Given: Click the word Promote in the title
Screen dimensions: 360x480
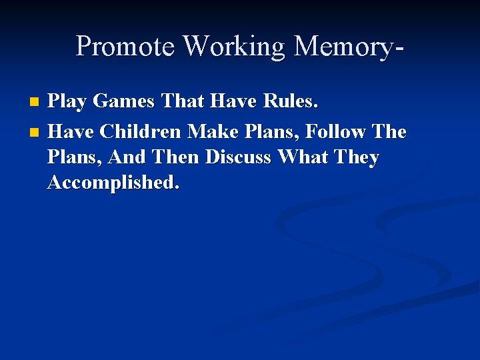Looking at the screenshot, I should pyautogui.click(x=126, y=46).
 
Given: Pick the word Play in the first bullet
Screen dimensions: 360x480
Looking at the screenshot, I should pyautogui.click(x=69, y=102).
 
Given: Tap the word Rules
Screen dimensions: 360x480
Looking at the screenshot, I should pyautogui.click(x=291, y=102).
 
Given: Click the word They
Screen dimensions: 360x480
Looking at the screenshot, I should pyautogui.click(x=356, y=157).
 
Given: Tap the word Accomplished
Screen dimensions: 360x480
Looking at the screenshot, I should pyautogui.click(x=113, y=183).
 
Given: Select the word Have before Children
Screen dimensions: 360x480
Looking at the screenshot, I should pyautogui.click(x=72, y=132).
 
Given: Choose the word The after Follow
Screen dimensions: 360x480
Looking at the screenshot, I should pyautogui.click(x=389, y=132).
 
